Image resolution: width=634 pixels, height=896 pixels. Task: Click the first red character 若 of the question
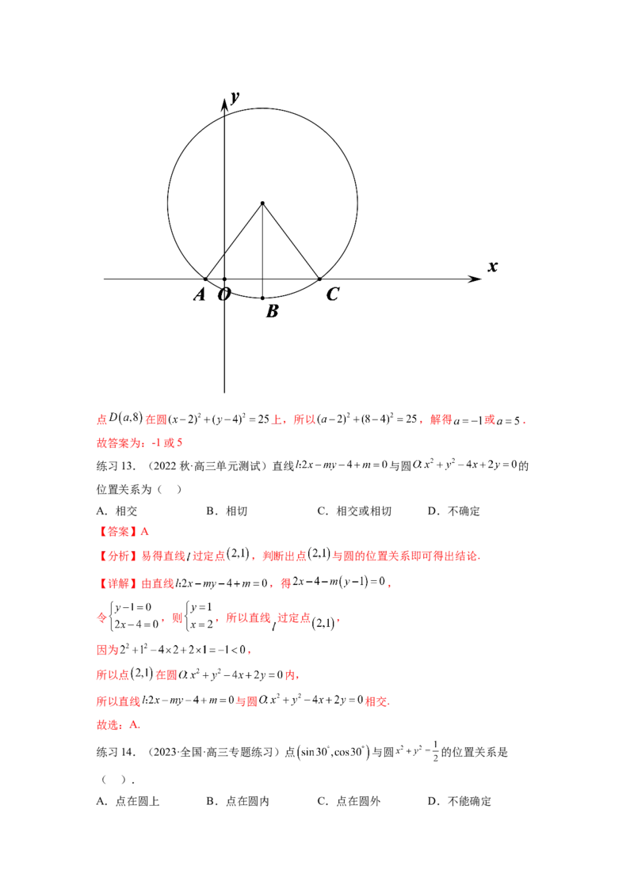pos(100,420)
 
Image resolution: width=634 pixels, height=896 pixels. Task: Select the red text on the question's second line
pos(139,444)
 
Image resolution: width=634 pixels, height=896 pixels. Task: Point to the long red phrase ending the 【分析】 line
pos(404,556)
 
